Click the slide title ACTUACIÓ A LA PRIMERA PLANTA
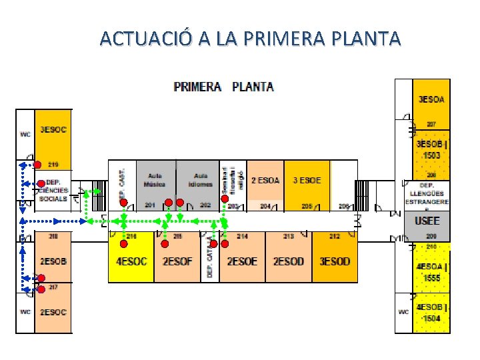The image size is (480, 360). pyautogui.click(x=250, y=38)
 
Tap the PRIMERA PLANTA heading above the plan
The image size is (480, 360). pyautogui.click(x=223, y=87)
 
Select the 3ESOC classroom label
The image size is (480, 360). pyautogui.click(x=53, y=129)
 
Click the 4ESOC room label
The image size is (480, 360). pyautogui.click(x=131, y=261)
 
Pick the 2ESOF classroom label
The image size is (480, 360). pyautogui.click(x=177, y=261)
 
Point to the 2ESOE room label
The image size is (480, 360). pyautogui.click(x=242, y=261)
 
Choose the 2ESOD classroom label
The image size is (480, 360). pyautogui.click(x=288, y=261)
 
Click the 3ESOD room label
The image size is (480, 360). pyautogui.click(x=335, y=261)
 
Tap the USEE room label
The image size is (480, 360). pyautogui.click(x=427, y=221)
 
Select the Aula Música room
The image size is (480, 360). pyautogui.click(x=155, y=179)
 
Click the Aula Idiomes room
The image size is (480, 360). pyautogui.click(x=200, y=179)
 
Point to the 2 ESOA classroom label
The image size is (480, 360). pyautogui.click(x=265, y=180)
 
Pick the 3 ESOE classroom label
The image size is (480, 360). pyautogui.click(x=307, y=180)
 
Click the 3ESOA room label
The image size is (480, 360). pyautogui.click(x=431, y=99)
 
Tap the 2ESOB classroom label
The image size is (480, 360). pyautogui.click(x=53, y=261)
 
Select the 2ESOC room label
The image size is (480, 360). pyautogui.click(x=53, y=312)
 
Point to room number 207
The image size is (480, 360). pyautogui.click(x=431, y=124)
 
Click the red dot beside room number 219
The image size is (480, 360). pyautogui.click(x=38, y=165)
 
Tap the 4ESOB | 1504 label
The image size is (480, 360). pyautogui.click(x=432, y=313)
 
